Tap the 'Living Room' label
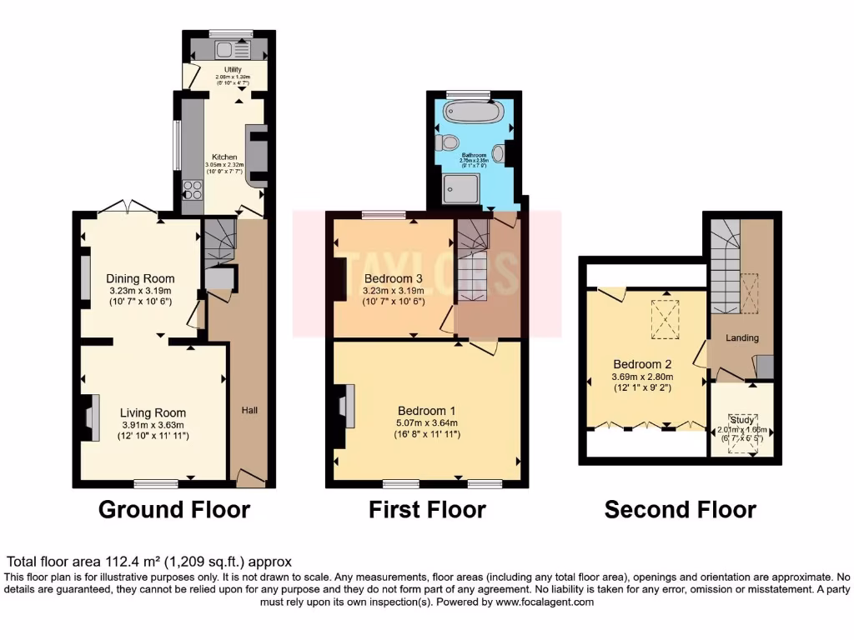pyautogui.click(x=153, y=412)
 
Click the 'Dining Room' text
pyautogui.click(x=140, y=278)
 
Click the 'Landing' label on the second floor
pyautogui.click(x=741, y=337)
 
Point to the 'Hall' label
pyautogui.click(x=249, y=410)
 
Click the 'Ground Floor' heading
pyautogui.click(x=174, y=508)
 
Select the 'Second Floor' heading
pyautogui.click(x=680, y=508)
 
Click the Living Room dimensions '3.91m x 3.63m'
pyautogui.click(x=153, y=424)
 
